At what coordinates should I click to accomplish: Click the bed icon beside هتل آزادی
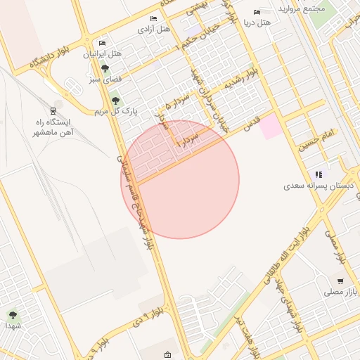[154, 19]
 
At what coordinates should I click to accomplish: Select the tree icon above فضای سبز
[105, 68]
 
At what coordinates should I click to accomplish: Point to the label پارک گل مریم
[115, 111]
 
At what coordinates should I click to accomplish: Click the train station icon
[53, 111]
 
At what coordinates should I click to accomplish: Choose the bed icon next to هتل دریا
[257, 13]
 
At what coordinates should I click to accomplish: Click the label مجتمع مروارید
[301, 9]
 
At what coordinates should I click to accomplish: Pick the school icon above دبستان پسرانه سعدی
[319, 174]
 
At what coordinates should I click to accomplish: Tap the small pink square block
[270, 127]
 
